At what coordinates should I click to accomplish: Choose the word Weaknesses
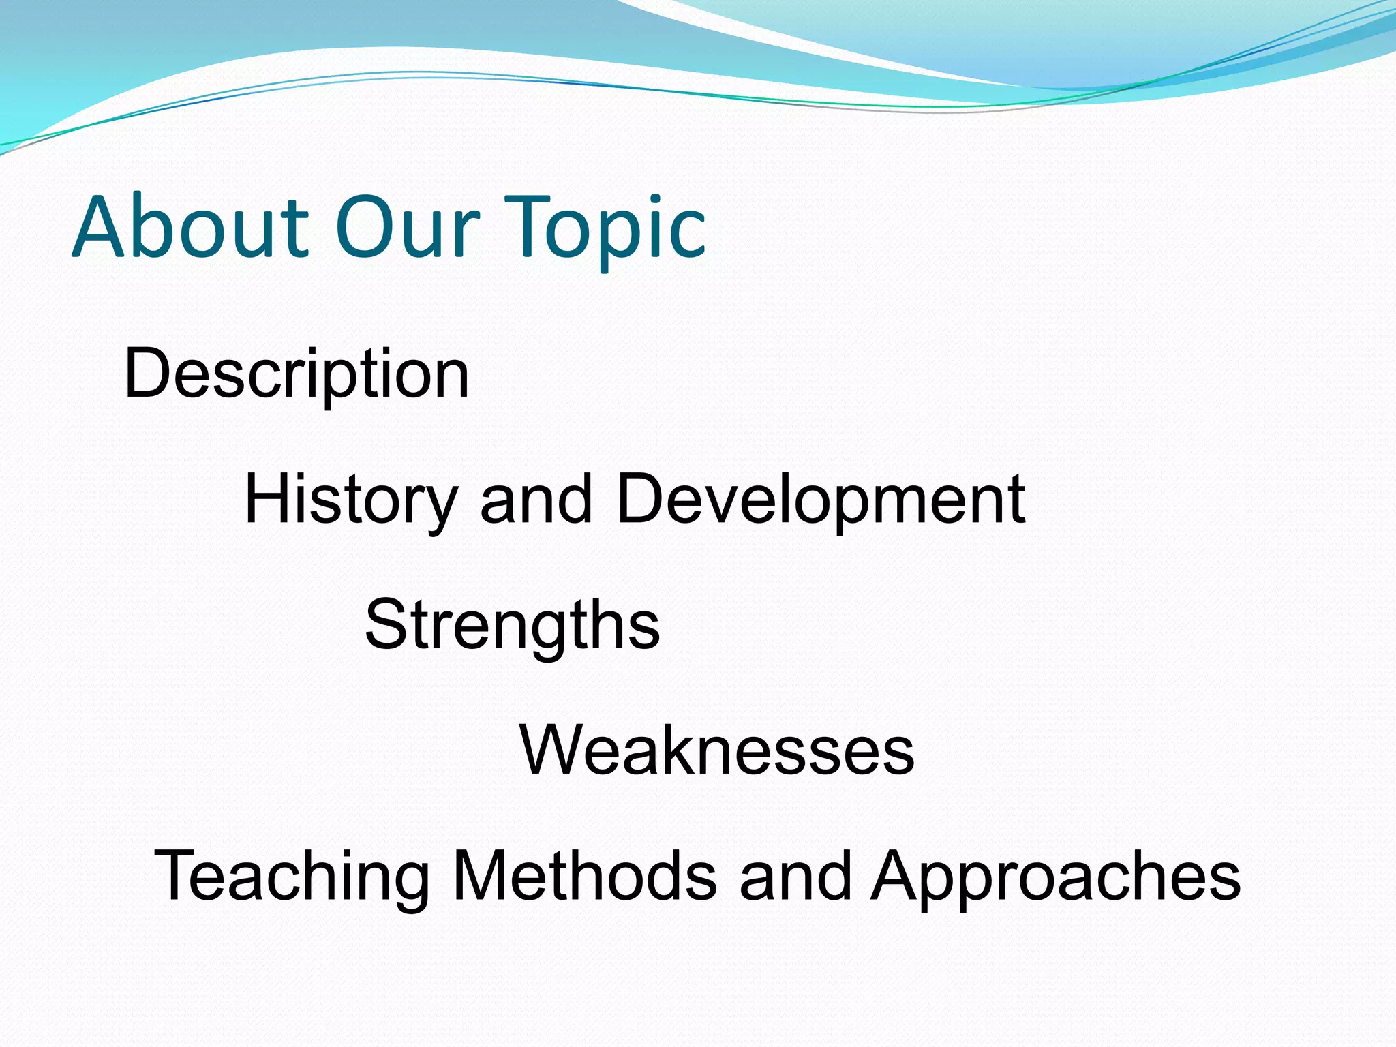click(x=716, y=750)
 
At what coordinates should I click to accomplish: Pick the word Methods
click(x=584, y=876)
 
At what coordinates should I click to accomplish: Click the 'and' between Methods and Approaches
click(x=795, y=876)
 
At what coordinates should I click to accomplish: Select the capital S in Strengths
click(x=386, y=624)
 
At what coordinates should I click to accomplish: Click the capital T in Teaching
click(x=179, y=875)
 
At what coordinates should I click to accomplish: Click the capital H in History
click(x=269, y=499)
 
